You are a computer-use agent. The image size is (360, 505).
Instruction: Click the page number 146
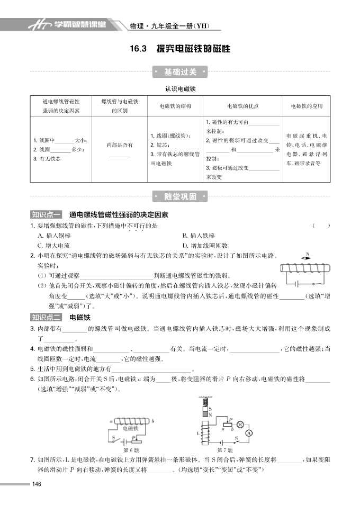pos(37,484)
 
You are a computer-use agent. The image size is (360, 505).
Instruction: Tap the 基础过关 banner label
pos(180,72)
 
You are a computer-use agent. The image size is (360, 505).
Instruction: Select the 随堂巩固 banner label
pos(180,197)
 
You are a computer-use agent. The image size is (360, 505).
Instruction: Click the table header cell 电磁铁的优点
pos(243,106)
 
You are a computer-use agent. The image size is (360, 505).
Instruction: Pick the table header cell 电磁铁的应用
pos(307,106)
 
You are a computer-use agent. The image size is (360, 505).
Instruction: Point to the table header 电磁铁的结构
pos(175,106)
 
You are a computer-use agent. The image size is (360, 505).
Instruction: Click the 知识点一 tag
pos(46,215)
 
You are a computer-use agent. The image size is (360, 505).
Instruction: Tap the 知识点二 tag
pos(46,318)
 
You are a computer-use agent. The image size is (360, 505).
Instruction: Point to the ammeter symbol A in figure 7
pos(249,432)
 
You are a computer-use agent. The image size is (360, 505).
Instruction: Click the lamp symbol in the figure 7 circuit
pos(239,424)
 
